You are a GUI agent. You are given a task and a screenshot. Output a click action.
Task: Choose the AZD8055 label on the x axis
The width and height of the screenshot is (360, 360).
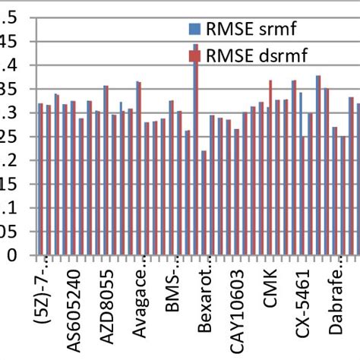[107, 308]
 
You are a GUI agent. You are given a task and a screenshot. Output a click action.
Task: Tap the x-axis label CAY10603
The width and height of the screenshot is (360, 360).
[238, 311]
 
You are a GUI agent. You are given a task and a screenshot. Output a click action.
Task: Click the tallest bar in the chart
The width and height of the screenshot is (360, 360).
[195, 152]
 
